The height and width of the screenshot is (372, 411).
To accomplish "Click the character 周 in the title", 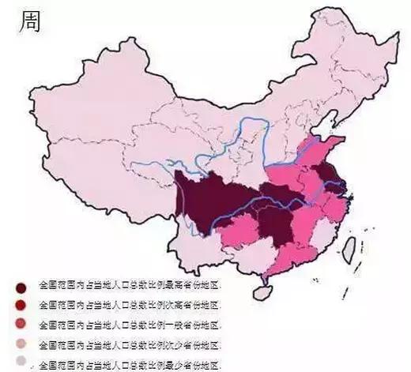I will [x=29, y=21].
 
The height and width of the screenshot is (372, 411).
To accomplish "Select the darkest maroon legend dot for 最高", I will [x=21, y=287].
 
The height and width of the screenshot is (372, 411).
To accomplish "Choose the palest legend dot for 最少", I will [x=21, y=364].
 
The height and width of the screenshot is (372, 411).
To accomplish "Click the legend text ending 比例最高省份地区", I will [x=130, y=284].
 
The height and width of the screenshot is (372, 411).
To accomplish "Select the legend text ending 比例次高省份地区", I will [x=130, y=305].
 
